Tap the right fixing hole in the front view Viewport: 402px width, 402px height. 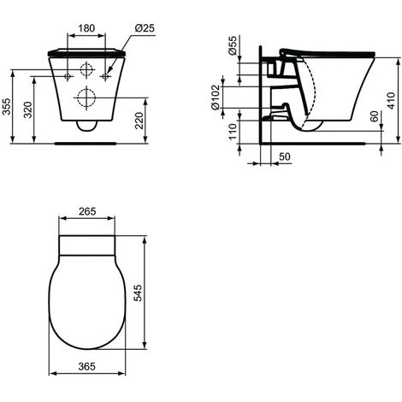pyautogui.click(x=106, y=76)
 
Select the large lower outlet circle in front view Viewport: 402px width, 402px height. pyautogui.click(x=86, y=97)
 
